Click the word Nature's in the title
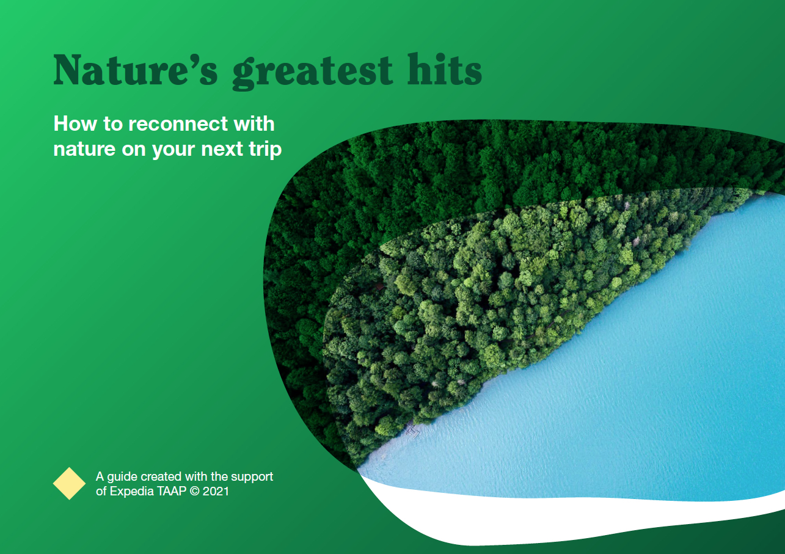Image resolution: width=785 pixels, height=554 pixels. click(135, 70)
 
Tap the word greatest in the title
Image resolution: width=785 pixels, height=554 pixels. click(313, 72)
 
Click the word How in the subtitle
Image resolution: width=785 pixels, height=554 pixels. click(75, 124)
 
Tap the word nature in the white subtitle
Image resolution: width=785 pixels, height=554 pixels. click(84, 149)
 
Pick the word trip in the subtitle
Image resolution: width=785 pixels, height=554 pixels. click(265, 150)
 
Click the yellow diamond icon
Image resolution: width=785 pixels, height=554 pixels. click(69, 483)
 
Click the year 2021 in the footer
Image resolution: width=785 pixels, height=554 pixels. click(216, 491)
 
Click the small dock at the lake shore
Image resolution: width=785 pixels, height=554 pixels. click(413, 432)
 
